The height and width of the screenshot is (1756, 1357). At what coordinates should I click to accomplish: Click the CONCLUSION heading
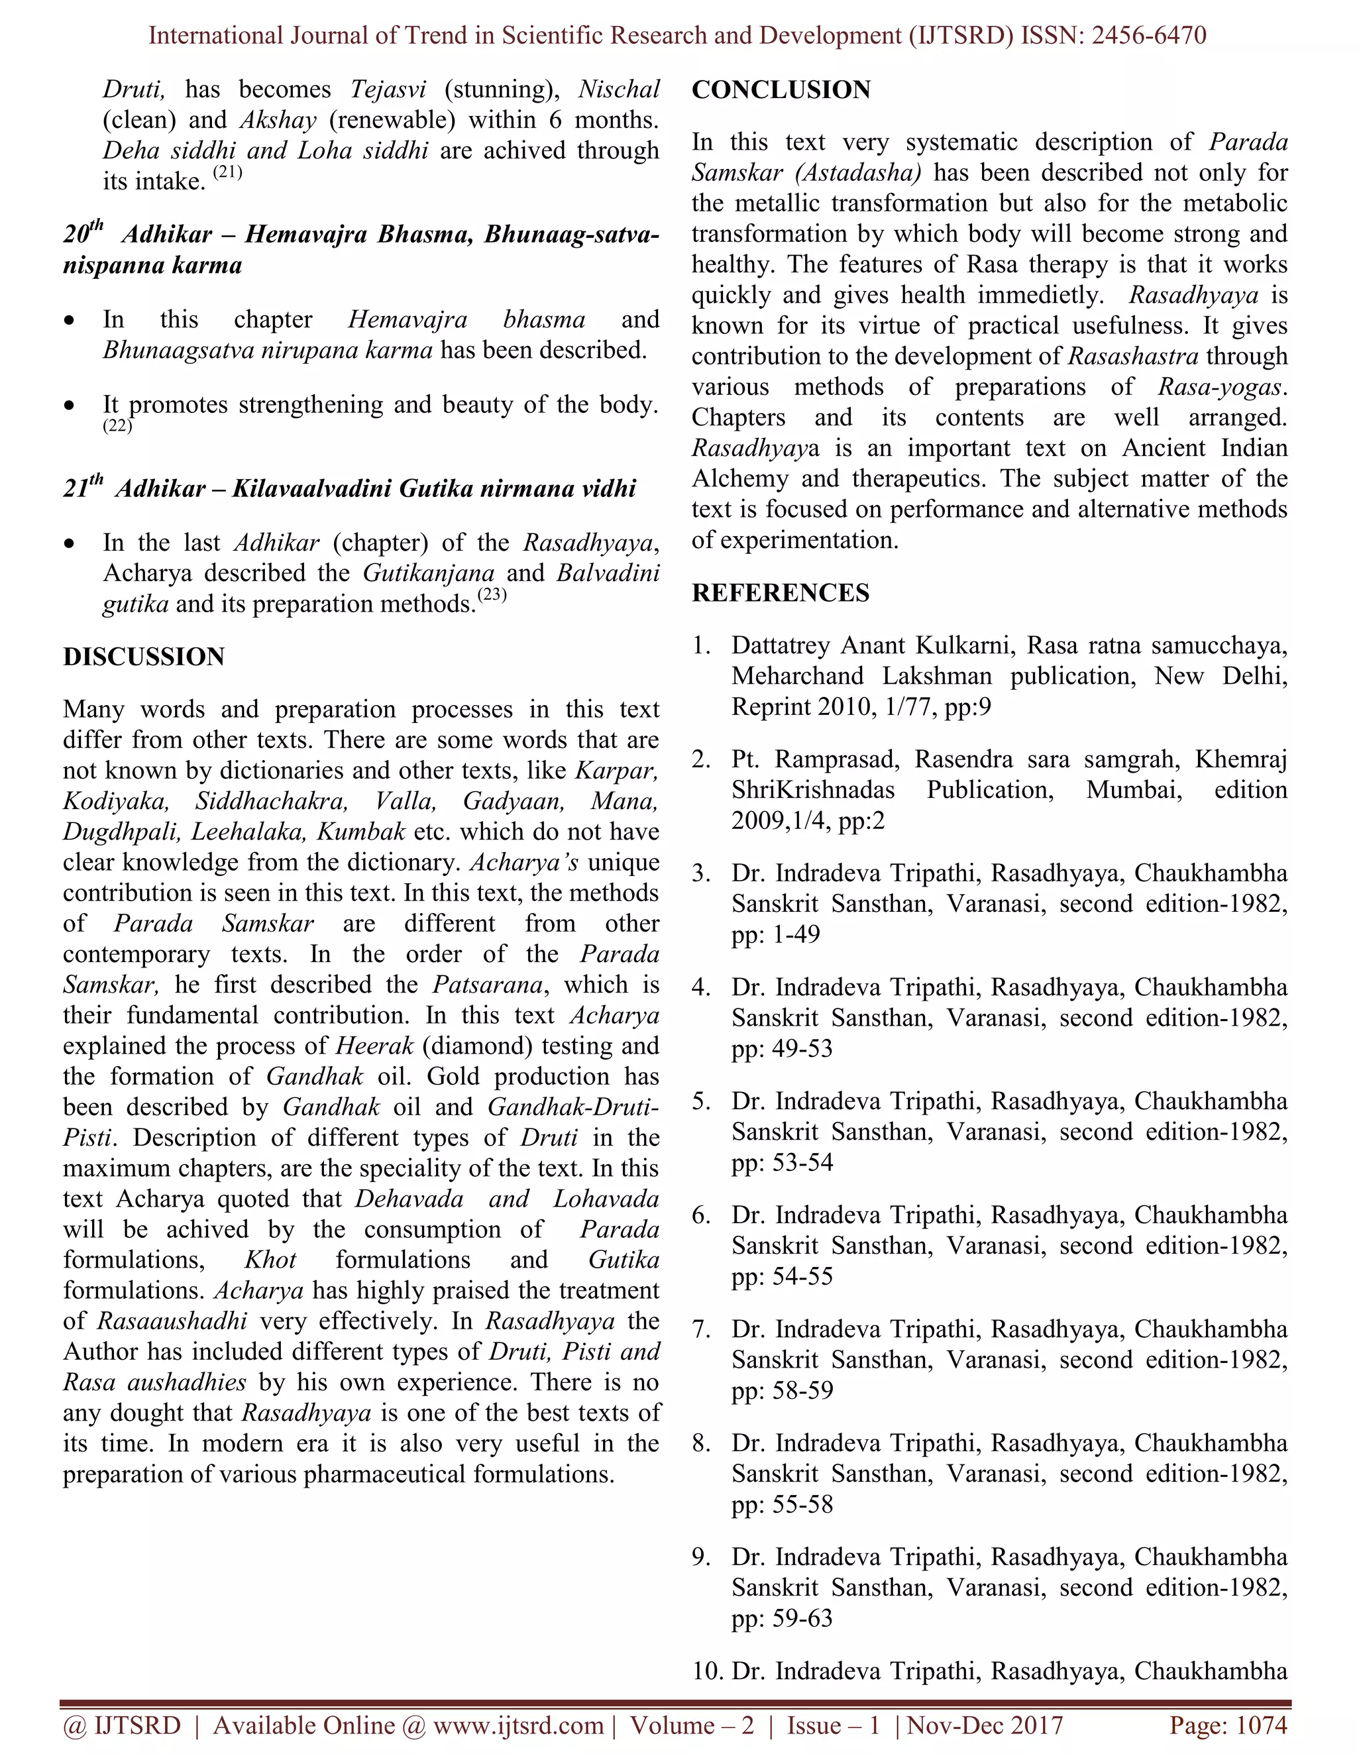(x=781, y=89)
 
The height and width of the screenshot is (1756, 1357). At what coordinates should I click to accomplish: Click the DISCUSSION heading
(x=144, y=656)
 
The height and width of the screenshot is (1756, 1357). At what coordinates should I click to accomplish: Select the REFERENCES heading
(x=780, y=592)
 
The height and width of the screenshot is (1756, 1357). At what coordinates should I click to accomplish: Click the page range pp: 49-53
(x=781, y=1048)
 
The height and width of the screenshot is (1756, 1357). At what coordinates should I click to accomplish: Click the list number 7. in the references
(x=701, y=1329)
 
